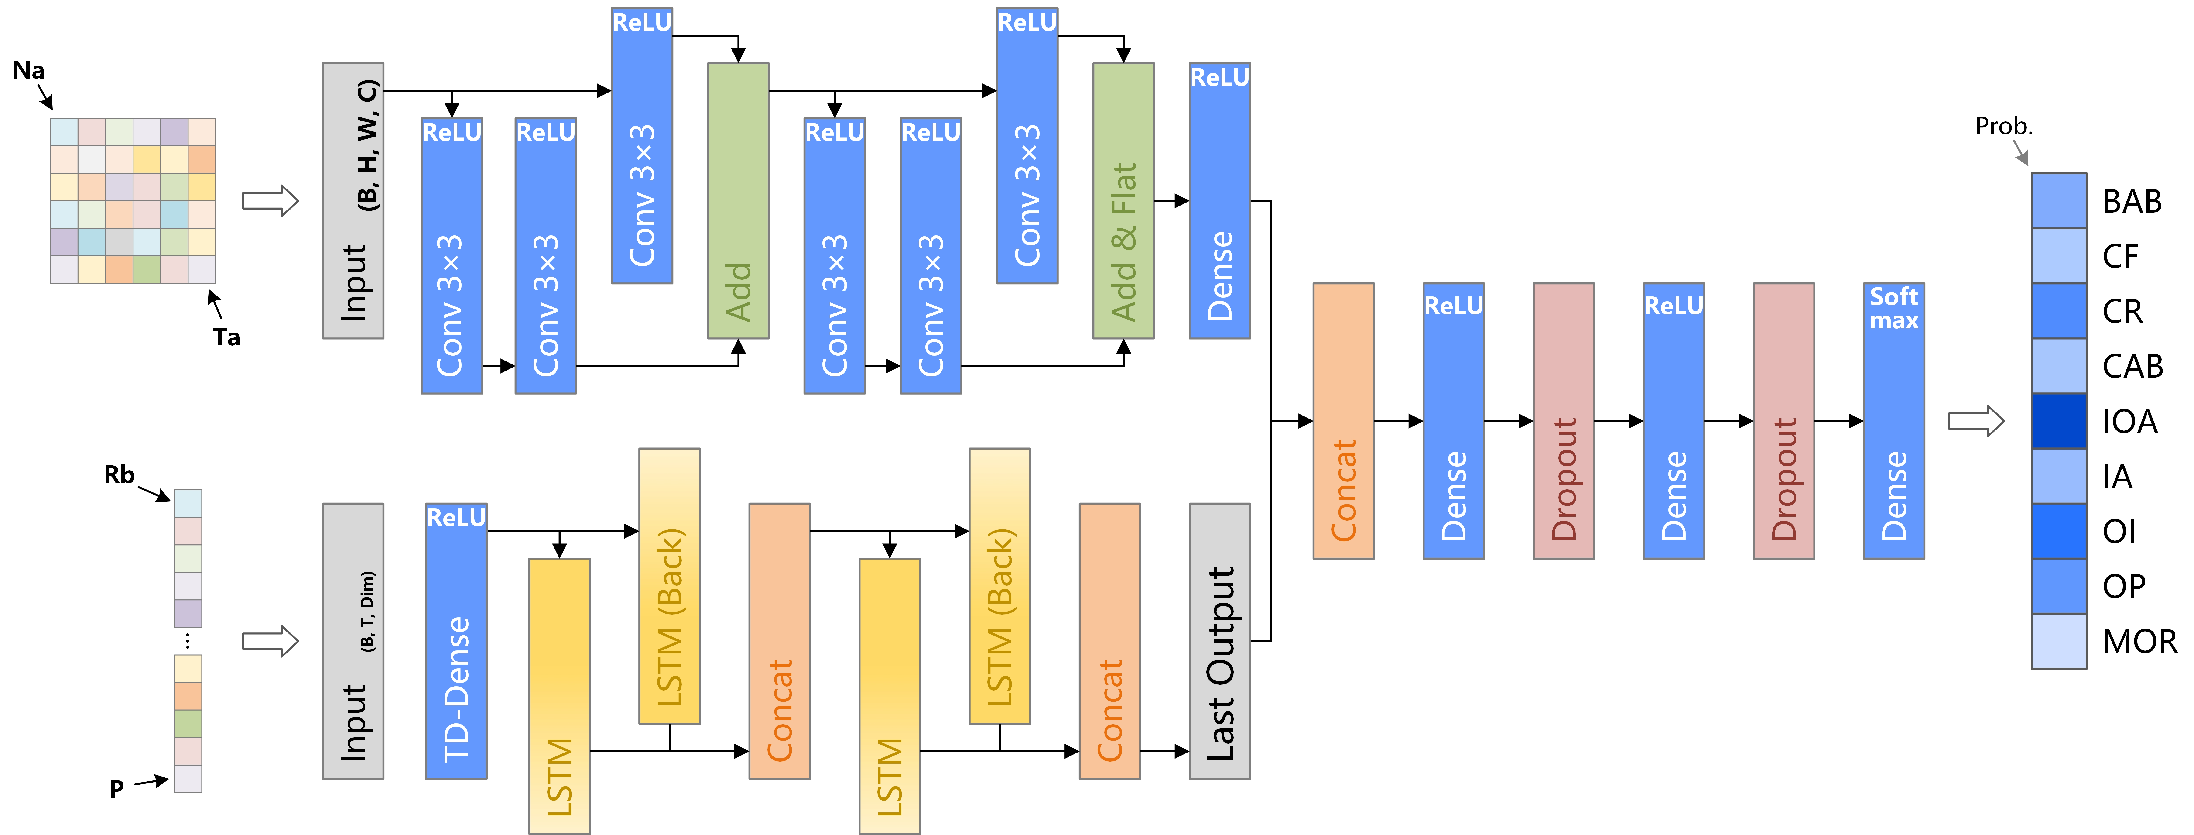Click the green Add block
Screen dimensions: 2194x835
(738, 200)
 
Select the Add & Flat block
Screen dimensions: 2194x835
(1123, 200)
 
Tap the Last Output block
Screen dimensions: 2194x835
(1220, 641)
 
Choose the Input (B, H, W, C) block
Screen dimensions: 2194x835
(353, 200)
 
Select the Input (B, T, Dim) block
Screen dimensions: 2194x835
(353, 641)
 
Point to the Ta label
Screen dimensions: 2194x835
(226, 337)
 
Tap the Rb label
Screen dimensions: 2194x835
(119, 474)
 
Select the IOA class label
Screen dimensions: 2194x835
(2129, 421)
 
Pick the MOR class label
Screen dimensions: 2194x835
(2139, 641)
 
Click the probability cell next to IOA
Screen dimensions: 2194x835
(2059, 421)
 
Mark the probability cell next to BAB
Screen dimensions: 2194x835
(2059, 201)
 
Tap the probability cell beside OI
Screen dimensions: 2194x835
(2059, 531)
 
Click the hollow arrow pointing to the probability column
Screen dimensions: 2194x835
(1976, 421)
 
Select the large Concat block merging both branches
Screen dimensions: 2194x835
(1343, 421)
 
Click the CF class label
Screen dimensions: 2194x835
(2121, 256)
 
